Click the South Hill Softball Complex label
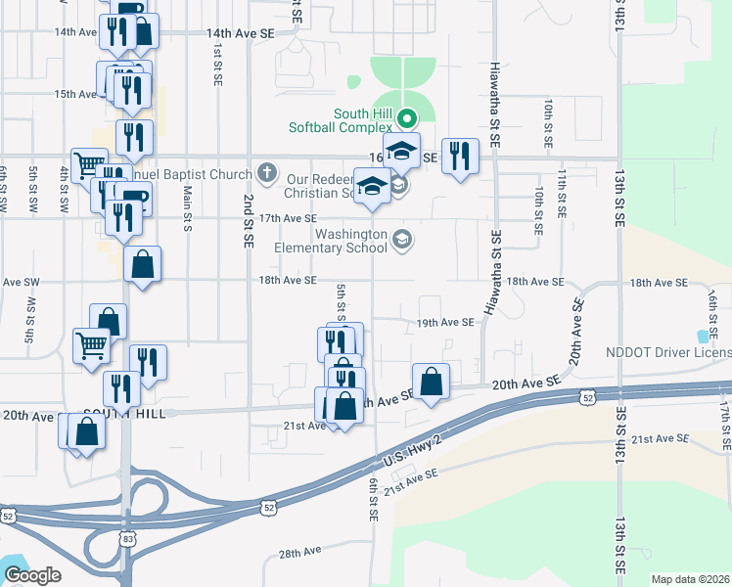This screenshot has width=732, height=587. coord(341,119)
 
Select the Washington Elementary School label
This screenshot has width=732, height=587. coord(348,241)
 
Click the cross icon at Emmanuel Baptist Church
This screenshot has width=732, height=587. coord(267,174)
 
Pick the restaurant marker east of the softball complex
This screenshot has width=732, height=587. coord(459,156)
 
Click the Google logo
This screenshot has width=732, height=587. coord(32,575)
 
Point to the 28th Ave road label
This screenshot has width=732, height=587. coord(299,553)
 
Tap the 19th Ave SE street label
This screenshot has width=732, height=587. coord(445,322)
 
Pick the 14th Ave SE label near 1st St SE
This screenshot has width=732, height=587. coord(241,33)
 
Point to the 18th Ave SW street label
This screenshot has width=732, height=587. coord(20,282)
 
